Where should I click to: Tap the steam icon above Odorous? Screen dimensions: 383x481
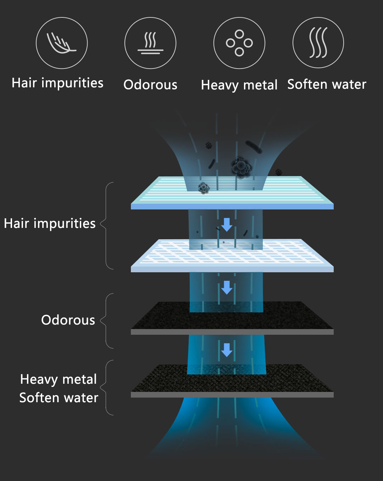[150, 43]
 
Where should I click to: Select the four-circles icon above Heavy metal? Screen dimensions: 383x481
[239, 43]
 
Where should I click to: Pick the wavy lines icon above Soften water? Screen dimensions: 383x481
[318, 43]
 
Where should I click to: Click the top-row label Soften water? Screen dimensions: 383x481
[327, 84]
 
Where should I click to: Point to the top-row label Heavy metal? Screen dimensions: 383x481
[239, 86]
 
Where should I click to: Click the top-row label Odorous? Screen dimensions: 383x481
[150, 85]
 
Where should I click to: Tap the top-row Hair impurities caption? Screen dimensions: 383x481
[57, 83]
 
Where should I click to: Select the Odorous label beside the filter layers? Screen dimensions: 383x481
[68, 320]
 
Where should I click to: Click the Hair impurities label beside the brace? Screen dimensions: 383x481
[50, 224]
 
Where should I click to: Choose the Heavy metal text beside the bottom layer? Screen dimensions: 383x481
[58, 380]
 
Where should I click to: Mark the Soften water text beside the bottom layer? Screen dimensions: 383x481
[59, 398]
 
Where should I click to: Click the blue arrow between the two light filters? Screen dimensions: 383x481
[227, 225]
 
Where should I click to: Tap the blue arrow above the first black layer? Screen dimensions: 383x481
[227, 288]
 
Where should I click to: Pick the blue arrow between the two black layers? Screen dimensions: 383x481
[227, 350]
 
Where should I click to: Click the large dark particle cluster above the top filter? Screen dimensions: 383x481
[241, 167]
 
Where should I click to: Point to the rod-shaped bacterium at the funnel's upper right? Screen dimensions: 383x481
[254, 147]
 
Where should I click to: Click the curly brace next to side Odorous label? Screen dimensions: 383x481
[106, 321]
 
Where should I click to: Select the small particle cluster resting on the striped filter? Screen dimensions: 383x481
[204, 188]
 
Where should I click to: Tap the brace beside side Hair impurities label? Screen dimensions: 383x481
[106, 226]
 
